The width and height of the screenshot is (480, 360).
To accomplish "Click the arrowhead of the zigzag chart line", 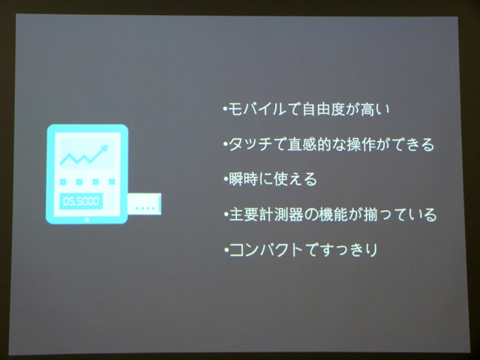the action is click(104, 149).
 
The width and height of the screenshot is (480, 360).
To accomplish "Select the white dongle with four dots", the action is click(144, 204).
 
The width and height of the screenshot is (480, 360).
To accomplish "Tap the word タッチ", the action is click(250, 145).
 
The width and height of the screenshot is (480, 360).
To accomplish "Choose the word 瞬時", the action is click(243, 179).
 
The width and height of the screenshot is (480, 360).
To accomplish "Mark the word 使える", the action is click(295, 179).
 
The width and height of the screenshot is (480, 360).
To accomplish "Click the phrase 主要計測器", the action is click(265, 214).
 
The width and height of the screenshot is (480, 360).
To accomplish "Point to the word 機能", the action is click(333, 214).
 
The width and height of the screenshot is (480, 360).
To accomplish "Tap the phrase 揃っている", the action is click(400, 214).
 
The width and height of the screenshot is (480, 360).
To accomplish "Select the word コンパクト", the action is click(265, 250).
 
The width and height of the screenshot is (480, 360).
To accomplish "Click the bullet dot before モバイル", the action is click(225, 109).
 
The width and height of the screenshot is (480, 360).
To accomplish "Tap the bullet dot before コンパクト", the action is click(226, 250).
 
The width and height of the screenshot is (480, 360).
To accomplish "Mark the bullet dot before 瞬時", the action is click(226, 179).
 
